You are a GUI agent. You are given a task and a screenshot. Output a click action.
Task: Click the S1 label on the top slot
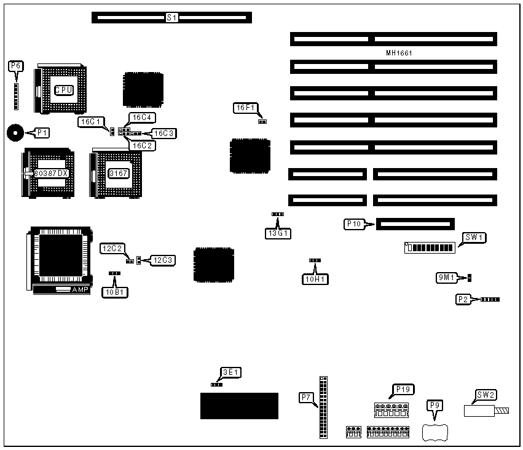coord(172,18)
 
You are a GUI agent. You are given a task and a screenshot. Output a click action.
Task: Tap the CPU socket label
coord(64,90)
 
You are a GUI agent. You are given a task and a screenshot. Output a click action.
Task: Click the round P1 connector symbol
coord(15,132)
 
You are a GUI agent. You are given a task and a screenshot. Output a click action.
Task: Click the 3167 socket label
coord(118,174)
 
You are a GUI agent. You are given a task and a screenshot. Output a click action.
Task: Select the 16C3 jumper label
coord(164,133)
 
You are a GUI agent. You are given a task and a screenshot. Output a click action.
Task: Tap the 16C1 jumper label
coord(90,122)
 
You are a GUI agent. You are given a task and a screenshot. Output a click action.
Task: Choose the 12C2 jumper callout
coord(112,248)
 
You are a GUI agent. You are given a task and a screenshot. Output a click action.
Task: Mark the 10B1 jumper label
coord(115,292)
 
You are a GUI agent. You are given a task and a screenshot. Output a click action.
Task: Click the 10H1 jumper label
coord(316,279)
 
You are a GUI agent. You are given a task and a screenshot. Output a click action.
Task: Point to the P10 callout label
coord(354,225)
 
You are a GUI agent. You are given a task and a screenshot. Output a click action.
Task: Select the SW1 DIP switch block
coord(430,248)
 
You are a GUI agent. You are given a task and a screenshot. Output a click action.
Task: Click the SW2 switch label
coord(486,395)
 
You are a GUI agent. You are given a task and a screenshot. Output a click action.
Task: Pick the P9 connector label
coord(435,405)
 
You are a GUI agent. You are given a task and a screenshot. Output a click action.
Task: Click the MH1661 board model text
coord(399,53)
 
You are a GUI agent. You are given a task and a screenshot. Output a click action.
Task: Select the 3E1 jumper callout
coord(230,372)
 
